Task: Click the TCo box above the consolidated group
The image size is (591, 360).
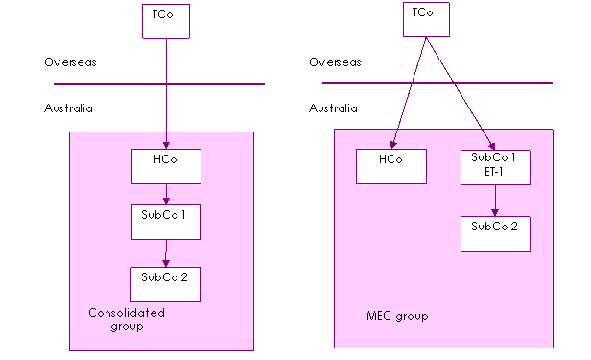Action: pyautogui.click(x=166, y=21)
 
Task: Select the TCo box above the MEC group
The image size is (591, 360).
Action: pyautogui.click(x=426, y=19)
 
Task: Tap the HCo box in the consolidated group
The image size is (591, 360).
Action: pyautogui.click(x=166, y=167)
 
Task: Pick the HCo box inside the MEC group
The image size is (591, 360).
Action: pyautogui.click(x=391, y=167)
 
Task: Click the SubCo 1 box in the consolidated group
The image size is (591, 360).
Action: pyautogui.click(x=166, y=222)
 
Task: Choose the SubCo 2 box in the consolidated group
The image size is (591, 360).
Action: pyautogui.click(x=165, y=284)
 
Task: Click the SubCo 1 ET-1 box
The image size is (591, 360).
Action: pyautogui.click(x=495, y=167)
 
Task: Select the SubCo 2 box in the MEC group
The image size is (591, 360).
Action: pyautogui.click(x=495, y=233)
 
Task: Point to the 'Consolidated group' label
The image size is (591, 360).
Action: pyautogui.click(x=127, y=320)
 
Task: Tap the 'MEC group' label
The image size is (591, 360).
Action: pyautogui.click(x=397, y=316)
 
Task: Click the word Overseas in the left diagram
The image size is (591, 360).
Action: pyautogui.click(x=70, y=62)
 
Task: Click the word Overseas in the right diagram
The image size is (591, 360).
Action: pyautogui.click(x=335, y=62)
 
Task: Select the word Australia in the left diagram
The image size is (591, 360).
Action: pyautogui.click(x=68, y=108)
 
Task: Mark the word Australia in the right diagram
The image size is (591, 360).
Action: pyautogui.click(x=333, y=108)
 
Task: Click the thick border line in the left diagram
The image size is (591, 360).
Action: pyautogui.click(x=159, y=84)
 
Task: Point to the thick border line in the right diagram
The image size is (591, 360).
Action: pyautogui.click(x=437, y=83)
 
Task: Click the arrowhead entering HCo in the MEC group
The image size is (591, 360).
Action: pyautogui.click(x=393, y=145)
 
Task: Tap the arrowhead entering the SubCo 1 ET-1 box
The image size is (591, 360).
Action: pyautogui.click(x=491, y=146)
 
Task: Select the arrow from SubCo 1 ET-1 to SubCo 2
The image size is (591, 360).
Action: pyautogui.click(x=495, y=201)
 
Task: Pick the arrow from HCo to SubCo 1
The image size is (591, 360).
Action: pyautogui.click(x=166, y=195)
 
